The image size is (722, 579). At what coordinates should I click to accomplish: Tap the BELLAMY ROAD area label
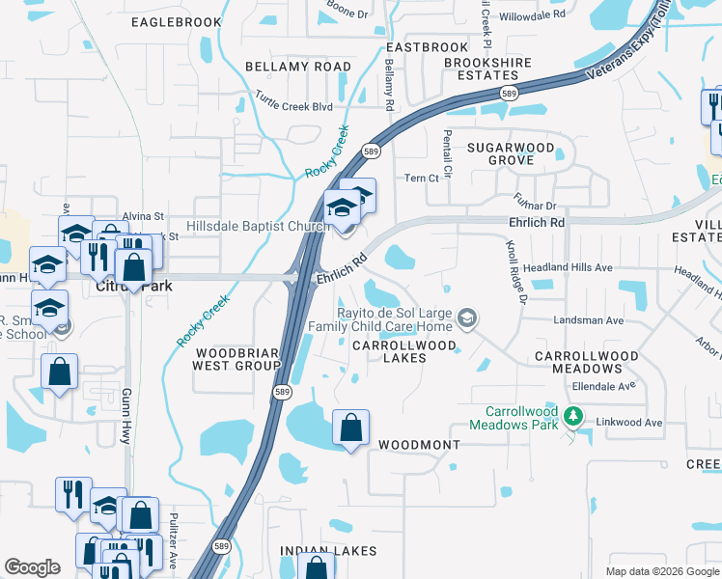click(297, 67)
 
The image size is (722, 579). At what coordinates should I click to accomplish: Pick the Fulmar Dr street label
click(539, 205)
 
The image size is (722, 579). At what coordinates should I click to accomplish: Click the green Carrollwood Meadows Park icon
click(574, 416)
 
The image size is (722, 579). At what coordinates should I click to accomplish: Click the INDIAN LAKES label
click(320, 550)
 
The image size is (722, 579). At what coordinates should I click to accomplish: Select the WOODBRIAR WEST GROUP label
click(236, 359)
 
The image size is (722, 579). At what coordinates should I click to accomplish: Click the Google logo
click(33, 567)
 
